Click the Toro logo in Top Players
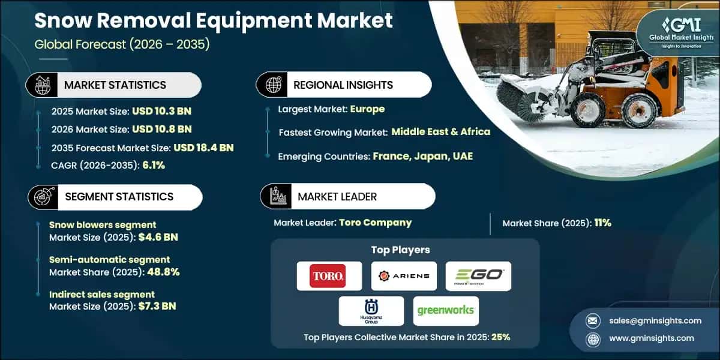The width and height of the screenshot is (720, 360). (329, 276)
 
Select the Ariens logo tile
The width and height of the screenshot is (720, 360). (404, 276)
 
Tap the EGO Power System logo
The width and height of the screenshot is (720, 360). (478, 276)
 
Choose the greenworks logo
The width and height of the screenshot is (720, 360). (446, 311)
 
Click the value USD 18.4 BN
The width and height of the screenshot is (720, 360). (203, 148)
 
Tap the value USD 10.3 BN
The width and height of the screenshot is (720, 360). (161, 111)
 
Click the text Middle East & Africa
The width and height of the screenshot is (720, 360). (441, 131)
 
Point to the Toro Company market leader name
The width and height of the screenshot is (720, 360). (375, 223)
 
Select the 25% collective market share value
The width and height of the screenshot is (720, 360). (500, 337)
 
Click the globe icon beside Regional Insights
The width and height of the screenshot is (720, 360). (274, 85)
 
